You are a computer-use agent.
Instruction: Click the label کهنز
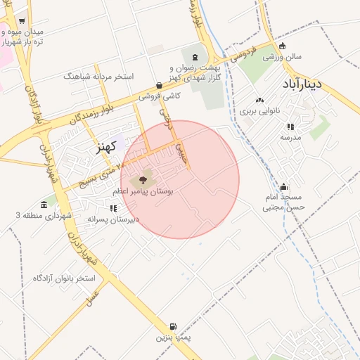tap(108, 148)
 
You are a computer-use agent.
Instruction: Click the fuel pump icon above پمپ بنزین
tap(174, 327)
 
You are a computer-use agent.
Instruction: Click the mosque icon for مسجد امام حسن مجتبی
tap(283, 187)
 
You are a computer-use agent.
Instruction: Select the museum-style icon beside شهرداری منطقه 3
tap(44, 205)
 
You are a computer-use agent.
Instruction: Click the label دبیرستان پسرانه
tap(113, 219)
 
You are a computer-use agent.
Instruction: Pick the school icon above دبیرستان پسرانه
tap(113, 208)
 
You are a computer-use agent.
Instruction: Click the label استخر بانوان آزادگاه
tap(64, 278)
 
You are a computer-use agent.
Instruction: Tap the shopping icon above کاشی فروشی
tap(160, 85)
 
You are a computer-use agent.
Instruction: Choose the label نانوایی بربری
tap(259, 111)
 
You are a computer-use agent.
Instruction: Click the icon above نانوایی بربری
tap(259, 101)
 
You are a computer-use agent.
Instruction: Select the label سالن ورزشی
tap(283, 57)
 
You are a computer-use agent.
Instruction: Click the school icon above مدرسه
tap(290, 127)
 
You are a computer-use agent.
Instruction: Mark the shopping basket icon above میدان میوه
tap(22, 22)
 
